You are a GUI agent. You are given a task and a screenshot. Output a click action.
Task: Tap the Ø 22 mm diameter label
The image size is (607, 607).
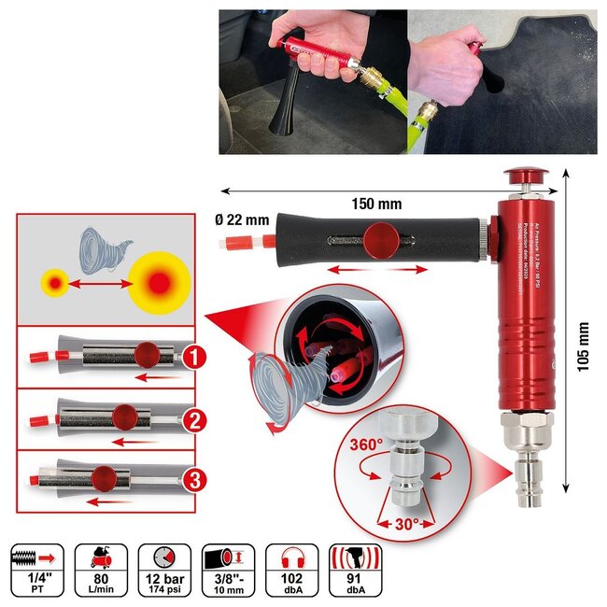(x=243, y=220)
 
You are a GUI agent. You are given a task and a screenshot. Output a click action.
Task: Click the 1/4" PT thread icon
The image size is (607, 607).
(x=35, y=570)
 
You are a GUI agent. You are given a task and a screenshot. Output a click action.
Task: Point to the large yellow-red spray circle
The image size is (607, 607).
(x=160, y=282)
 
